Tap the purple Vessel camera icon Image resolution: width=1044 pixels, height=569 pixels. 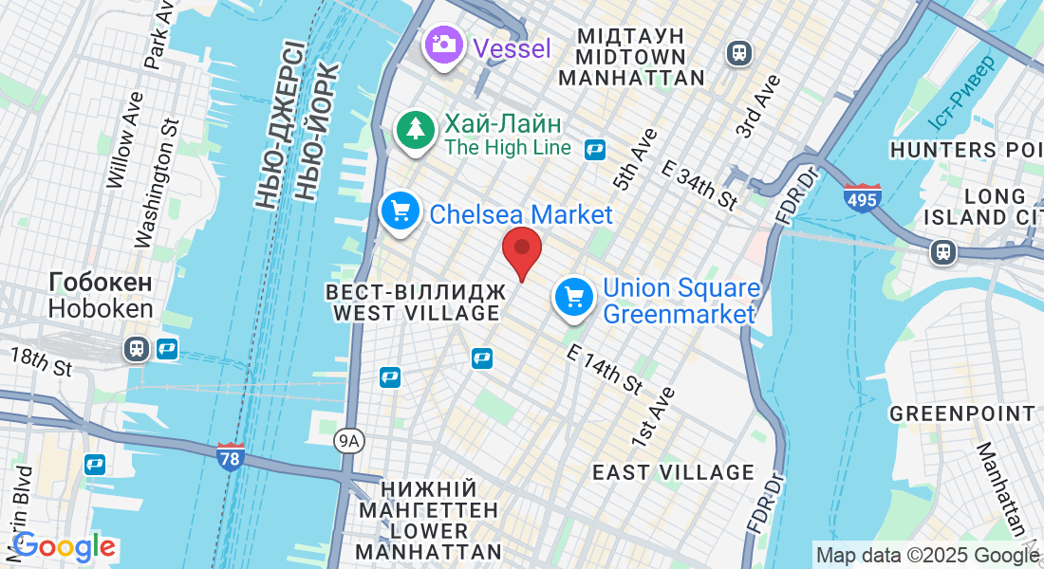442,45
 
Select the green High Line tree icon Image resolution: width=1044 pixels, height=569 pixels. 415,131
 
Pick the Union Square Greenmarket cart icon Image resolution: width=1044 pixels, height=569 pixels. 574,298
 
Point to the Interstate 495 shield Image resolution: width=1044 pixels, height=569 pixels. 862,198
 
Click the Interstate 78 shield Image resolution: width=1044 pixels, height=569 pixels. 230,456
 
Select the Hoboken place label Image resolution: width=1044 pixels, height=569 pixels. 100,296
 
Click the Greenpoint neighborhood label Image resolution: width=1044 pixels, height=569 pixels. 962,414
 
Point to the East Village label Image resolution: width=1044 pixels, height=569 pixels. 673,472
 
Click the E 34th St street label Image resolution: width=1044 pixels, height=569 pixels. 699,185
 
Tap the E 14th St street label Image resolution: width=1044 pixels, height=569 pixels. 605,369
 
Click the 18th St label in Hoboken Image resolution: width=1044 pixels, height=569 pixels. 41,361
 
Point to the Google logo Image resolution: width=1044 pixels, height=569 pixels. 64,546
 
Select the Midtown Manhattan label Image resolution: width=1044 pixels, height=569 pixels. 631,56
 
